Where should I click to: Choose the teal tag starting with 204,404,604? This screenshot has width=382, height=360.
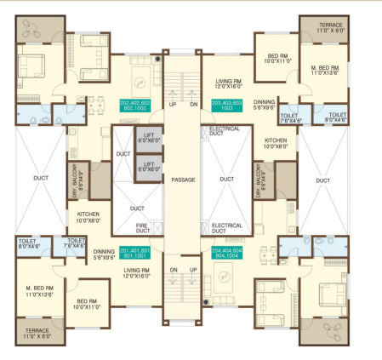pos(226,253)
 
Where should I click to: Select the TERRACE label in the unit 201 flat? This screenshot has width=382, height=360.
pos(35,333)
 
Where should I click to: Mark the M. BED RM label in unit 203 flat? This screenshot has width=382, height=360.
pos(324,69)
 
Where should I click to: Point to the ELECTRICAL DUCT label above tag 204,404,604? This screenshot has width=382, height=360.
pos(225,228)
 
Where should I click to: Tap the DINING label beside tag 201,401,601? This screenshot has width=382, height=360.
pos(104,254)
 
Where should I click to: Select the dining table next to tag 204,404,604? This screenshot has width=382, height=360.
pos(265,251)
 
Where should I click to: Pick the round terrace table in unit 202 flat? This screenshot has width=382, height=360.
pos(34,26)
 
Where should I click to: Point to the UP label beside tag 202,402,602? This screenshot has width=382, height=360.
pos(173,105)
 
